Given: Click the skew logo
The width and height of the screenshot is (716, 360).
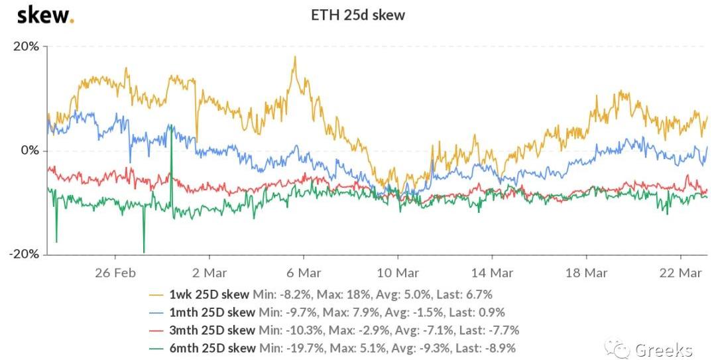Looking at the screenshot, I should tap(45, 15).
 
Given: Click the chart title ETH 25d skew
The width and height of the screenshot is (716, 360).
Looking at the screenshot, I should tap(358, 15).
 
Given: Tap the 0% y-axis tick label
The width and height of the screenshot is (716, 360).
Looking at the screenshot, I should tap(29, 150).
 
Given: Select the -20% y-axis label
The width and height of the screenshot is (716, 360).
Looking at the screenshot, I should tap(25, 255).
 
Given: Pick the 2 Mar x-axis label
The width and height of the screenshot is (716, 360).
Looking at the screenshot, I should tap(209, 272).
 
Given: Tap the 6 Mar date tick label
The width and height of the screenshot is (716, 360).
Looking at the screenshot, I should tap(304, 272).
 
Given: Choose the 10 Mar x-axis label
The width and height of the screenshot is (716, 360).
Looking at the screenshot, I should tap(398, 272).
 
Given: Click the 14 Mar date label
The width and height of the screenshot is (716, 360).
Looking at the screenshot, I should tap(492, 272).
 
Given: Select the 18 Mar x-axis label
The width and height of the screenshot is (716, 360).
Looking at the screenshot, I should tap(586, 272).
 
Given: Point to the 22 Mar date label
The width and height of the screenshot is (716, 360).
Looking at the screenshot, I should tap(680, 272).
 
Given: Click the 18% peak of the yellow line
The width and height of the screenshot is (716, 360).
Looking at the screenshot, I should tap(295, 57).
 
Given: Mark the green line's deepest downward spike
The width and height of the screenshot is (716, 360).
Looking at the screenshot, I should tap(144, 252).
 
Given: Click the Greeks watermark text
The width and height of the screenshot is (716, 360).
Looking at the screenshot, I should tap(663, 349).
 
